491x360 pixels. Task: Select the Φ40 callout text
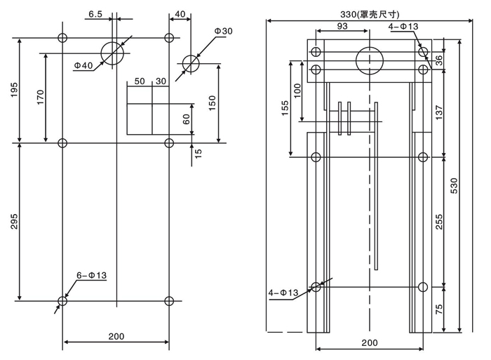coord(83,65)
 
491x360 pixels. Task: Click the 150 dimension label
coord(213,102)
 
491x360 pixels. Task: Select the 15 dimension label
coord(199,152)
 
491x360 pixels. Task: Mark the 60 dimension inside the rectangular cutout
coord(187,119)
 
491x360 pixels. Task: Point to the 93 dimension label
coord(342,26)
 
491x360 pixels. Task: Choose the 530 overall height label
coord(454,185)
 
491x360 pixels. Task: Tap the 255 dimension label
coord(440,222)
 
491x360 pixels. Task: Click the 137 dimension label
coord(440,112)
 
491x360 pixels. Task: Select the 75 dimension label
coord(440,309)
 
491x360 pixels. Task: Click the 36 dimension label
coord(439,60)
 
